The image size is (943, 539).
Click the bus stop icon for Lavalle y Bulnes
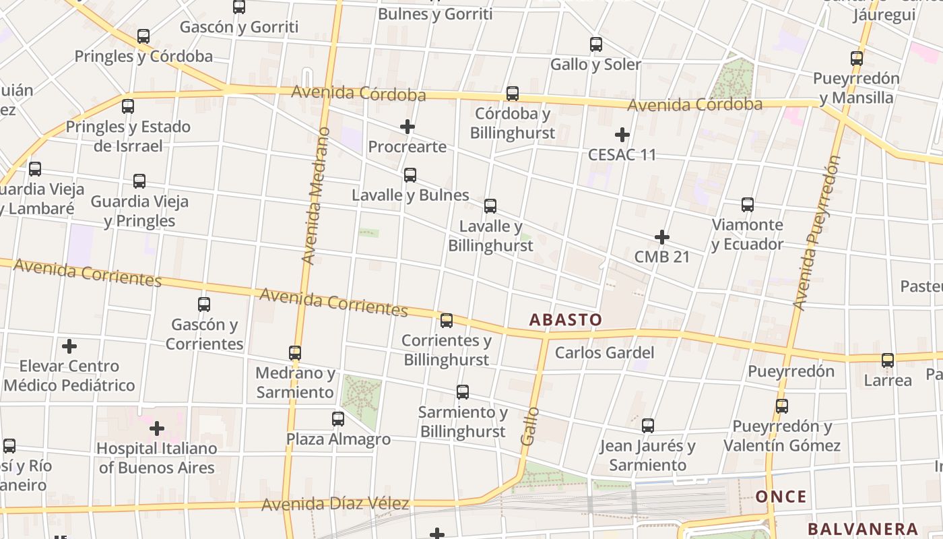click(x=410, y=175)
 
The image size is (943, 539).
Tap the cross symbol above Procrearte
click(x=407, y=127)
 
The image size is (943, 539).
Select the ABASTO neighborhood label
click(x=565, y=319)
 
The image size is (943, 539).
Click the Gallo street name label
click(x=529, y=426)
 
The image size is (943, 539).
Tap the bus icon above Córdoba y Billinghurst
click(x=513, y=94)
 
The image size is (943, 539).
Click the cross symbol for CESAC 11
click(x=622, y=135)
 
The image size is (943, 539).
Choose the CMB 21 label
click(x=662, y=257)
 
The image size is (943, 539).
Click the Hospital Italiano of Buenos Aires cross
click(x=157, y=429)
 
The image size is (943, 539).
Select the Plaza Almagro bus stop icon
click(x=338, y=419)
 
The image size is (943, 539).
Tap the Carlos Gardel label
click(x=604, y=352)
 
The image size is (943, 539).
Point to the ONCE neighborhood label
click(x=781, y=497)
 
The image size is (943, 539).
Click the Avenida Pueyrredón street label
click(x=816, y=232)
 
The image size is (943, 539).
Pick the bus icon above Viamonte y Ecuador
click(x=747, y=205)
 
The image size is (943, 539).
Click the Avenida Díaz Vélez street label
click(x=335, y=504)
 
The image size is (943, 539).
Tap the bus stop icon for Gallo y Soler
click(x=596, y=44)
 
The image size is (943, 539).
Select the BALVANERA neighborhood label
click(x=863, y=529)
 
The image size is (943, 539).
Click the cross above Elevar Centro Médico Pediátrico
click(x=69, y=347)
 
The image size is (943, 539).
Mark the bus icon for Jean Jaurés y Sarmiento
click(x=648, y=426)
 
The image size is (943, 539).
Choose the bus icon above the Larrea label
click(x=888, y=360)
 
